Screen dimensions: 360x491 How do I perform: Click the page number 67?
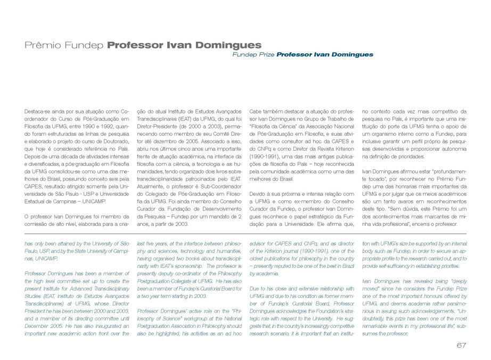tap(461, 346)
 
